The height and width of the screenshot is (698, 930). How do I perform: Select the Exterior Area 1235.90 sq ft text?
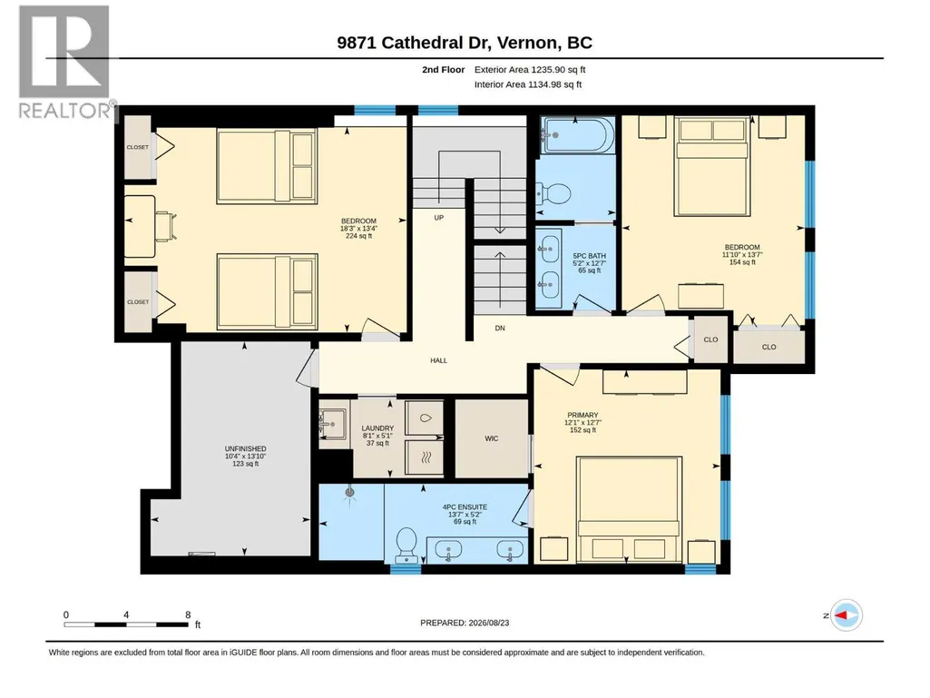(530, 70)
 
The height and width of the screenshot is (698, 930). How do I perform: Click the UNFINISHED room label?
(246, 448)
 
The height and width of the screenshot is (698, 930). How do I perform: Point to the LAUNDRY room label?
(377, 428)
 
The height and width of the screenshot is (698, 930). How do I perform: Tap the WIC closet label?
(492, 438)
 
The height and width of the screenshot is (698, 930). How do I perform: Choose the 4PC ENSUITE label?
(465, 506)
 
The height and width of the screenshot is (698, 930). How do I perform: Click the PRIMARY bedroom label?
(582, 415)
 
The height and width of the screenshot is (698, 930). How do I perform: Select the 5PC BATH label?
(589, 256)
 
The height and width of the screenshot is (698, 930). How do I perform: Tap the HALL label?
(439, 360)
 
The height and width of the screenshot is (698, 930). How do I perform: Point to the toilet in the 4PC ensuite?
(406, 545)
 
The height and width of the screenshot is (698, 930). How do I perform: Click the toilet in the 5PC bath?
(554, 193)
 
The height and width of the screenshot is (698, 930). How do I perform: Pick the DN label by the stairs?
(500, 328)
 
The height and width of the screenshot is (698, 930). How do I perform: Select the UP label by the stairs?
(439, 217)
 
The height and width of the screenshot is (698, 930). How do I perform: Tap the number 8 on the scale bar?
(188, 614)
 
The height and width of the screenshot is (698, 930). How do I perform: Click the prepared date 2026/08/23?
(489, 623)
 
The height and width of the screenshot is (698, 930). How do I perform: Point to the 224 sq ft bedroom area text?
(358, 236)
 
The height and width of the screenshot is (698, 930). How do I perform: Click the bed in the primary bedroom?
(629, 509)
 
